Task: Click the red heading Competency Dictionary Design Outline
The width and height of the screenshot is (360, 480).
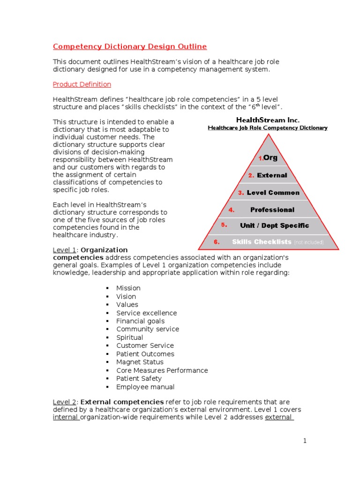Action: pyautogui.click(x=129, y=46)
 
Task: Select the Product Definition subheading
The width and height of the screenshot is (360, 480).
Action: pyautogui.click(x=82, y=84)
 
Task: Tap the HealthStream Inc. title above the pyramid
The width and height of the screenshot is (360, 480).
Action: pyautogui.click(x=267, y=120)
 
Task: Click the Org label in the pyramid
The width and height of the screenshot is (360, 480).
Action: pyautogui.click(x=270, y=158)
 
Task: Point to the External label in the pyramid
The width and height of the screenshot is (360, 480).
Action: pyautogui.click(x=272, y=175)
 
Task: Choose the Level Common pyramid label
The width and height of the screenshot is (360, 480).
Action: pyautogui.click(x=273, y=193)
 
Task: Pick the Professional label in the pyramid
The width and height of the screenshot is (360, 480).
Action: pyautogui.click(x=272, y=210)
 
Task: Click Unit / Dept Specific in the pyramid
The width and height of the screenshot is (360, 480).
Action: pyautogui.click(x=274, y=225)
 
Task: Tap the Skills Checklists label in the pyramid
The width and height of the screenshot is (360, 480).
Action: pyautogui.click(x=261, y=242)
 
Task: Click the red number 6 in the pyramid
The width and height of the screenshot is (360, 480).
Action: pyautogui.click(x=217, y=242)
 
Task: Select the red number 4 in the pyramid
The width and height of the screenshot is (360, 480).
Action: pyautogui.click(x=232, y=210)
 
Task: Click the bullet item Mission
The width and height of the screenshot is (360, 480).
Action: pyautogui.click(x=128, y=288)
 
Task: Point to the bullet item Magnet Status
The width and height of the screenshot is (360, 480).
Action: pyautogui.click(x=140, y=362)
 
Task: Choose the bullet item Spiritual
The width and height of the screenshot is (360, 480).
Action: pyautogui.click(x=130, y=337)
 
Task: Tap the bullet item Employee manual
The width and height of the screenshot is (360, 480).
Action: pyautogui.click(x=145, y=387)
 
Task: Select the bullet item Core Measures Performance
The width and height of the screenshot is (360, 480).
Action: pyautogui.click(x=162, y=370)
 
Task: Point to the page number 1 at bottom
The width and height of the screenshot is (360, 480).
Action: pyautogui.click(x=304, y=441)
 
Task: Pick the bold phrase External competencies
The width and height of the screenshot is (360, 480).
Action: pyautogui.click(x=122, y=402)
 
